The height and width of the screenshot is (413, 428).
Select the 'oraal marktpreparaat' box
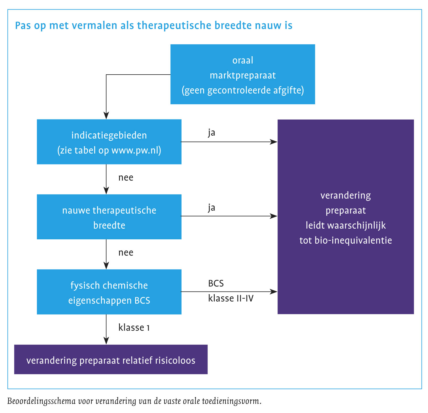click(243, 74)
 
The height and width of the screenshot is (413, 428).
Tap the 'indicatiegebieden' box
click(109, 142)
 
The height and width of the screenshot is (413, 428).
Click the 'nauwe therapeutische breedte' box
click(109, 217)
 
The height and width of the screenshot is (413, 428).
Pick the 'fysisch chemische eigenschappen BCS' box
click(109, 292)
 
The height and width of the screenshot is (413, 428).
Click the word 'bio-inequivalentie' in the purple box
click(353, 240)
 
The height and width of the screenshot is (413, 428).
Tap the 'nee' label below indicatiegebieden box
click(126, 178)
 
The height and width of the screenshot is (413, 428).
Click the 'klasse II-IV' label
click(231, 298)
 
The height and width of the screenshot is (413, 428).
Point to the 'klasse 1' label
click(134, 327)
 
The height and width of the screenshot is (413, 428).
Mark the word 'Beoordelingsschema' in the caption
click(41, 401)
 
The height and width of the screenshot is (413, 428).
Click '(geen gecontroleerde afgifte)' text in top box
click(243, 90)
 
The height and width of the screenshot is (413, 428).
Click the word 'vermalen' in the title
click(95, 26)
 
